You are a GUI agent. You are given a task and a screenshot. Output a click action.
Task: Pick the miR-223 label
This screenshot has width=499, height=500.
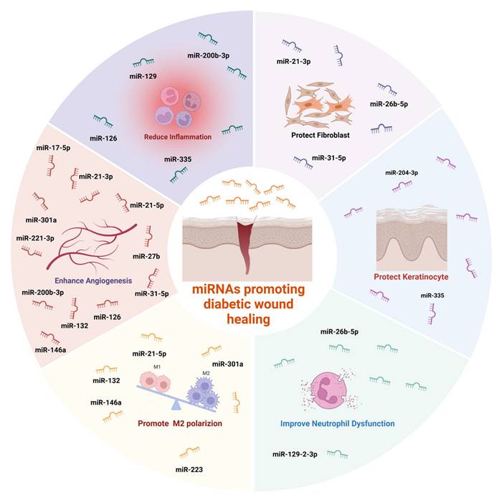(x=191, y=469)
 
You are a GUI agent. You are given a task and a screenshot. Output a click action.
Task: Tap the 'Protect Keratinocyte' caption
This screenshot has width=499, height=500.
(x=407, y=275)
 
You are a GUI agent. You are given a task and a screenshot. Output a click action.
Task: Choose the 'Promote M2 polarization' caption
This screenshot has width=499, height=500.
(x=181, y=423)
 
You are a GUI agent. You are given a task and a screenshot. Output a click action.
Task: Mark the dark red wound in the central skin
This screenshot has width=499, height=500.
(x=245, y=244)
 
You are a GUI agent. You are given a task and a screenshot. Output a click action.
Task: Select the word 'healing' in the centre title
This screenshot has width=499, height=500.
(x=249, y=319)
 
